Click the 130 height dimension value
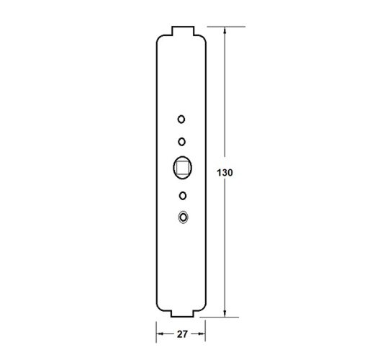[x=225, y=173]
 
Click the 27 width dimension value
[x=182, y=334]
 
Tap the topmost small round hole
[x=181, y=119]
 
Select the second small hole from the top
[x=182, y=142]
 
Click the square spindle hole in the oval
[x=182, y=167]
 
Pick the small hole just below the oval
[x=183, y=196]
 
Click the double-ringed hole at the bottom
[x=183, y=217]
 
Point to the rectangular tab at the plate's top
[x=183, y=31]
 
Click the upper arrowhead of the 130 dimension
[x=225, y=30]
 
